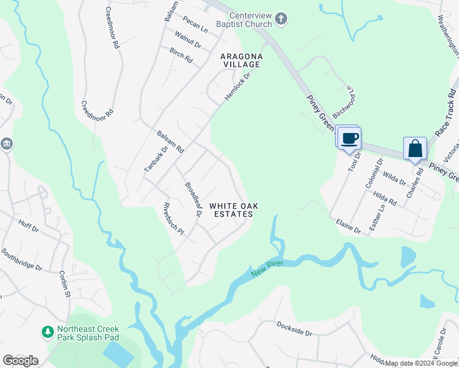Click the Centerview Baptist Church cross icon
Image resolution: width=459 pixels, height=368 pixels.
click(x=281, y=19)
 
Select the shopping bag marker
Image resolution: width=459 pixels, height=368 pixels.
click(x=415, y=148)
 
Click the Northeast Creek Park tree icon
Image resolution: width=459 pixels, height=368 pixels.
click(x=47, y=332)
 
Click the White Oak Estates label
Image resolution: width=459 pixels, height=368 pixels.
click(x=233, y=210)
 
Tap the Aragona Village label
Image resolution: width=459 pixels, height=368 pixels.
click(x=242, y=60)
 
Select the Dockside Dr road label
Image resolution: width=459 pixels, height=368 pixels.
click(x=295, y=328)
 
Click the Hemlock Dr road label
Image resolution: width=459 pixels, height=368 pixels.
click(x=238, y=87)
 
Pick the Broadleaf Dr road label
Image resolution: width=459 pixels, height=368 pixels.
click(x=194, y=199)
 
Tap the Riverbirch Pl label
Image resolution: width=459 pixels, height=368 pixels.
click(x=174, y=219)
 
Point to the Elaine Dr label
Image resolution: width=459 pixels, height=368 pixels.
click(x=348, y=226)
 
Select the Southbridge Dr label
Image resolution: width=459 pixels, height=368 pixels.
click(x=21, y=260)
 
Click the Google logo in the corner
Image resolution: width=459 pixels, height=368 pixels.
click(x=20, y=361)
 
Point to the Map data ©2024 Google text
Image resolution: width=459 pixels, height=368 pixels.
click(x=420, y=363)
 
